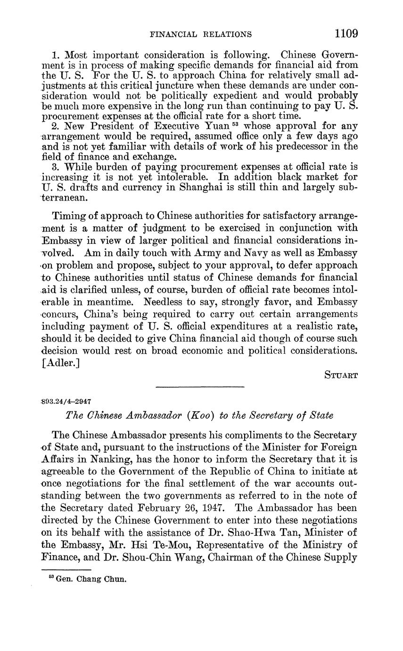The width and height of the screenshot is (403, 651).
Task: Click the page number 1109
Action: (x=346, y=33)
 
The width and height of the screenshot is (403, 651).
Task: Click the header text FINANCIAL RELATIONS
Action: (x=200, y=34)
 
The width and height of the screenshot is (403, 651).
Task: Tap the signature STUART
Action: (x=341, y=376)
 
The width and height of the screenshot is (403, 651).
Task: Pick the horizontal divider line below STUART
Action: (x=200, y=388)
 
